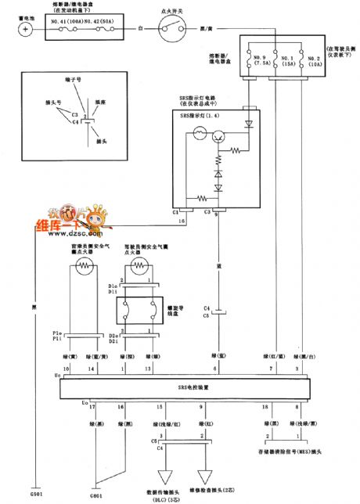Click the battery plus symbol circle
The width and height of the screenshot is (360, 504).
[x=26, y=29]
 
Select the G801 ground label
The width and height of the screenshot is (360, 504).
[x=95, y=495]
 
